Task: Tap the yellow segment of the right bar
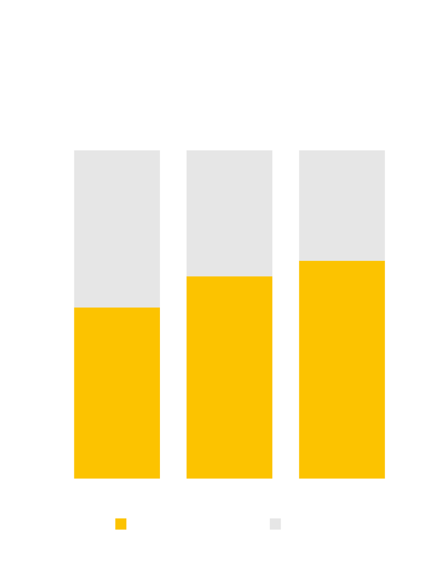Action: [x=342, y=369]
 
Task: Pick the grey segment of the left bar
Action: [x=117, y=228]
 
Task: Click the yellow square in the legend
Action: [x=121, y=524]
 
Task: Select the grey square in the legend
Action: [x=275, y=524]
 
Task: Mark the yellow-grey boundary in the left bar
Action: [x=117, y=308]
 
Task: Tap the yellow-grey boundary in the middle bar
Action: [x=229, y=276]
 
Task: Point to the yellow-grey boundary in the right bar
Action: [x=342, y=261]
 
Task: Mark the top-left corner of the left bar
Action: [x=74, y=151]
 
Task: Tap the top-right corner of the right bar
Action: [x=385, y=151]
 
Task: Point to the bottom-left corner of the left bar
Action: [x=74, y=478]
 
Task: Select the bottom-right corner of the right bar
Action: [x=385, y=478]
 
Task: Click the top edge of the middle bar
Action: [x=229, y=151]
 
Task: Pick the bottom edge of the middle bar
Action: [x=229, y=478]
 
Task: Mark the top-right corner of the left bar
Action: [x=159, y=151]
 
